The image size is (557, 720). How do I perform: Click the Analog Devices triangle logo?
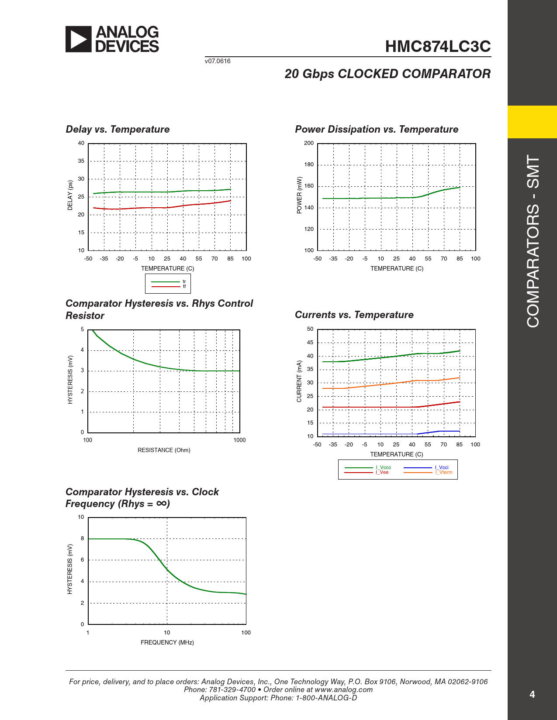(x=79, y=39)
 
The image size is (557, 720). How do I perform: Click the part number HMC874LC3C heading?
(x=438, y=46)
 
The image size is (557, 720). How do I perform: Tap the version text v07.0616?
(x=218, y=61)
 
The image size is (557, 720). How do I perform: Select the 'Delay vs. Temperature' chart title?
(x=118, y=129)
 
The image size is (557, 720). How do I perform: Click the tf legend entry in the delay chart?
(x=184, y=287)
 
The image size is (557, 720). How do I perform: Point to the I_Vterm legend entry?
(x=444, y=473)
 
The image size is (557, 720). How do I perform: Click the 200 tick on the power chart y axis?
(x=309, y=143)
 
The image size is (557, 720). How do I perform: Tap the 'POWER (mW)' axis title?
(x=299, y=195)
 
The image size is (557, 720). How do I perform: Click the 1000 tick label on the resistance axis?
(x=239, y=440)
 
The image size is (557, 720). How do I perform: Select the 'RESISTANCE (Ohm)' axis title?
(x=164, y=450)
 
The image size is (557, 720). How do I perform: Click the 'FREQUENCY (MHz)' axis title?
(x=167, y=642)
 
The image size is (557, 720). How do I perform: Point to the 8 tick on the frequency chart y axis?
(x=82, y=538)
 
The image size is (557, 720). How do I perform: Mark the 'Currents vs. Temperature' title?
(x=354, y=315)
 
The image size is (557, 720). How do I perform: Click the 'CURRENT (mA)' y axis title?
(x=299, y=381)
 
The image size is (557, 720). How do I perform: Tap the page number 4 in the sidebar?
(x=532, y=694)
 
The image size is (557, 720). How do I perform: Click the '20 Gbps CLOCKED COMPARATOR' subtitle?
(x=387, y=74)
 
